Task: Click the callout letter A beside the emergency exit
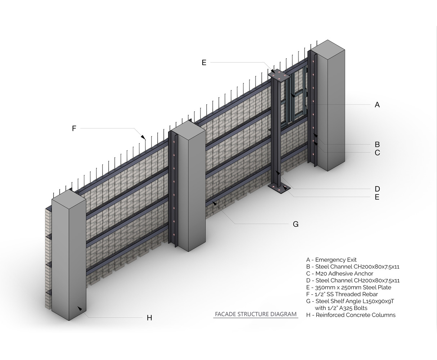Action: pos(377,105)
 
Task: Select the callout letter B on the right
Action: pos(377,145)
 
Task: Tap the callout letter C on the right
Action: pos(377,153)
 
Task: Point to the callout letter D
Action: pos(377,189)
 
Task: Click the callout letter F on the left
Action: pos(74,129)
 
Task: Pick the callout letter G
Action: pos(296,224)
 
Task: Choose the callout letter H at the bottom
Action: pos(149,318)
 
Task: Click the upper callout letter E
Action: pos(204,63)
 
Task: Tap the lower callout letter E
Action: pos(377,197)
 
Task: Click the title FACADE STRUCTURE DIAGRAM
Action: pos(256,314)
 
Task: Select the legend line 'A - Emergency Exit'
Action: pos(331,260)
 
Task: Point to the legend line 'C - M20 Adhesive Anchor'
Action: pos(339,274)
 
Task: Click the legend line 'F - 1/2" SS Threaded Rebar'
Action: pos(342,294)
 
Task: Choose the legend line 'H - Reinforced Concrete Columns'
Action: pos(351,315)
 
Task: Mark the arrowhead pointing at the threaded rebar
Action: pos(143,137)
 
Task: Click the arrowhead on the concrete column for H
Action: pos(80,309)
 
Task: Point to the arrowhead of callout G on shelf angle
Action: pos(214,203)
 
